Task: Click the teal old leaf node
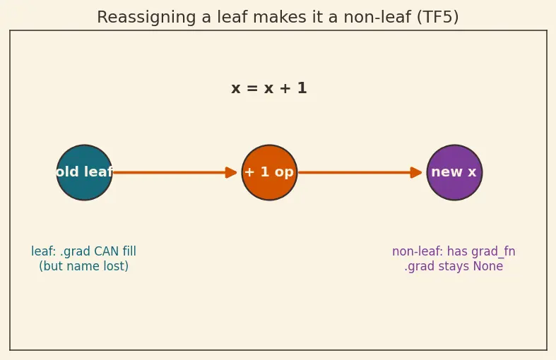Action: pyautogui.click(x=84, y=172)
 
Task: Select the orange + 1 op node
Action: pyautogui.click(x=269, y=172)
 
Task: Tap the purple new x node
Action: pyautogui.click(x=454, y=172)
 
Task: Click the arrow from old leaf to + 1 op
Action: pyautogui.click(x=175, y=172)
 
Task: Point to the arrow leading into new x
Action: pyautogui.click(x=360, y=172)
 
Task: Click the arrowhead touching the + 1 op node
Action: pyautogui.click(x=231, y=172)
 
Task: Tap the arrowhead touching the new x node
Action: pyautogui.click(x=416, y=172)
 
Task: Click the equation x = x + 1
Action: pyautogui.click(x=269, y=88)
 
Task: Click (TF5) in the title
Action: pyautogui.click(x=438, y=17)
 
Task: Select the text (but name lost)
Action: pyautogui.click(x=83, y=266)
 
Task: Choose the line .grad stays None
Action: pyautogui.click(x=454, y=266)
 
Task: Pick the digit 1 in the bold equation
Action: pyautogui.click(x=302, y=88)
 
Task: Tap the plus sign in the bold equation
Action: pyautogui.click(x=285, y=88)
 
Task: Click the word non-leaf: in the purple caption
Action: pyautogui.click(x=418, y=251)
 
